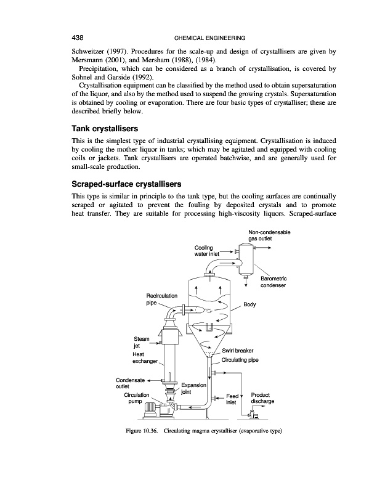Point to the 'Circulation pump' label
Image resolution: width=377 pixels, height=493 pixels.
[x=137, y=397]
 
